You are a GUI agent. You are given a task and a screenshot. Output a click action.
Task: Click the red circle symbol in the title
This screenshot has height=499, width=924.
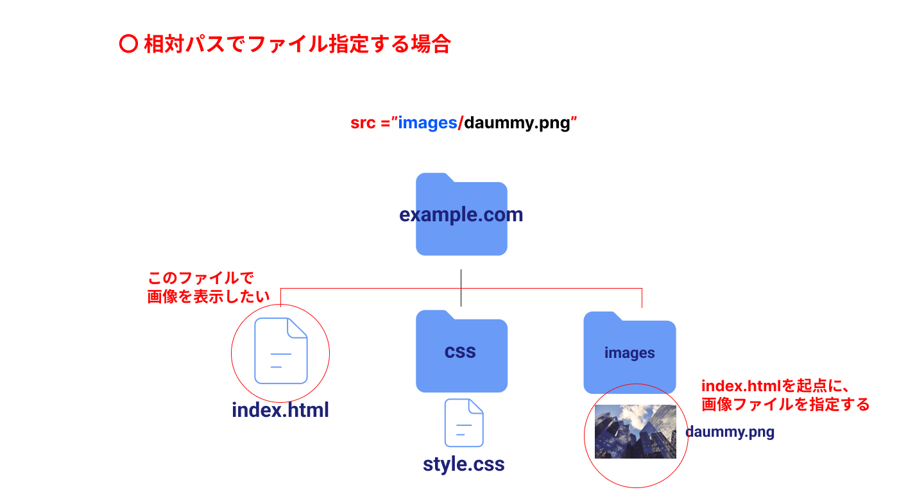click(128, 44)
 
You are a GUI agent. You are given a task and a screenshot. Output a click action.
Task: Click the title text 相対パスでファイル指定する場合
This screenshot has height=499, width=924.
click(297, 44)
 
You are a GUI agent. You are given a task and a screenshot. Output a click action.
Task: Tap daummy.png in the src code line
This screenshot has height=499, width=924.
click(517, 123)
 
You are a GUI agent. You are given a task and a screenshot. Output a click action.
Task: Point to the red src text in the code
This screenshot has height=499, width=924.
click(363, 123)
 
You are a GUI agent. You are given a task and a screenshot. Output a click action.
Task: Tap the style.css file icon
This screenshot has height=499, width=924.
click(464, 423)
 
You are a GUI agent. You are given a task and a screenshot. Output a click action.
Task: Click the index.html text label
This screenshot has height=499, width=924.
click(280, 410)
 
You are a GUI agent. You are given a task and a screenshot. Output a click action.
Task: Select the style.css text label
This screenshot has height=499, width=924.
click(464, 464)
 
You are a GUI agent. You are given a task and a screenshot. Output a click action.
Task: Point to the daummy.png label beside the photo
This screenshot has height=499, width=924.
click(730, 432)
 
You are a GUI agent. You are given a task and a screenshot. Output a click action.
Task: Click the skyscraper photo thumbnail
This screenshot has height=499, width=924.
click(635, 431)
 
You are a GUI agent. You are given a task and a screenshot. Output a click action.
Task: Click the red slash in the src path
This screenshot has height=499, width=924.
click(460, 123)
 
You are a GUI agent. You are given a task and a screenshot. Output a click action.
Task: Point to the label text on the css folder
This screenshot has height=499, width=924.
click(460, 351)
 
